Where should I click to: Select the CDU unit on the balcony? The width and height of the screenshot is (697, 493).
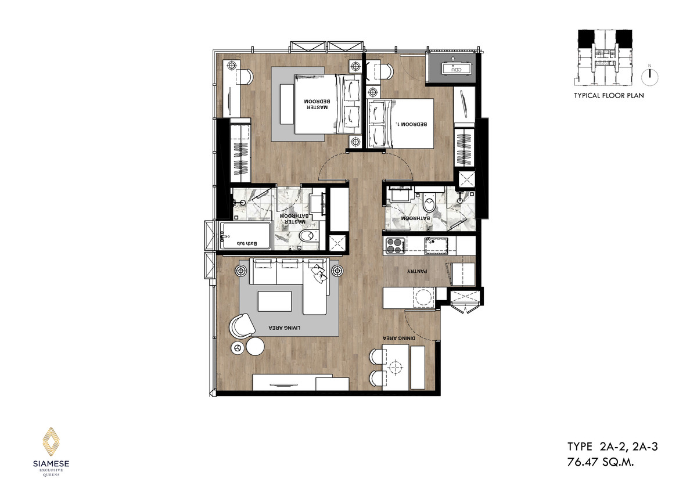456,69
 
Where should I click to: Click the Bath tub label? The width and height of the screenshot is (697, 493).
247,243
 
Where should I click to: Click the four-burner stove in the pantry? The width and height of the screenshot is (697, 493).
394,245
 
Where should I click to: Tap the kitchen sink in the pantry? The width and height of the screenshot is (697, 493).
436,246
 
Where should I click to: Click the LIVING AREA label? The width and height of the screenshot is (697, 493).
285,328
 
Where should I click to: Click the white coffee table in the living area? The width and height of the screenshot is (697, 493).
274,301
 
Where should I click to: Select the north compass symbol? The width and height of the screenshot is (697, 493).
650,77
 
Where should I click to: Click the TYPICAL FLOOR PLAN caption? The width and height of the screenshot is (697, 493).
609,95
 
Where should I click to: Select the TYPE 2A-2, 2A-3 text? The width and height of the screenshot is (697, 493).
612,447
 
